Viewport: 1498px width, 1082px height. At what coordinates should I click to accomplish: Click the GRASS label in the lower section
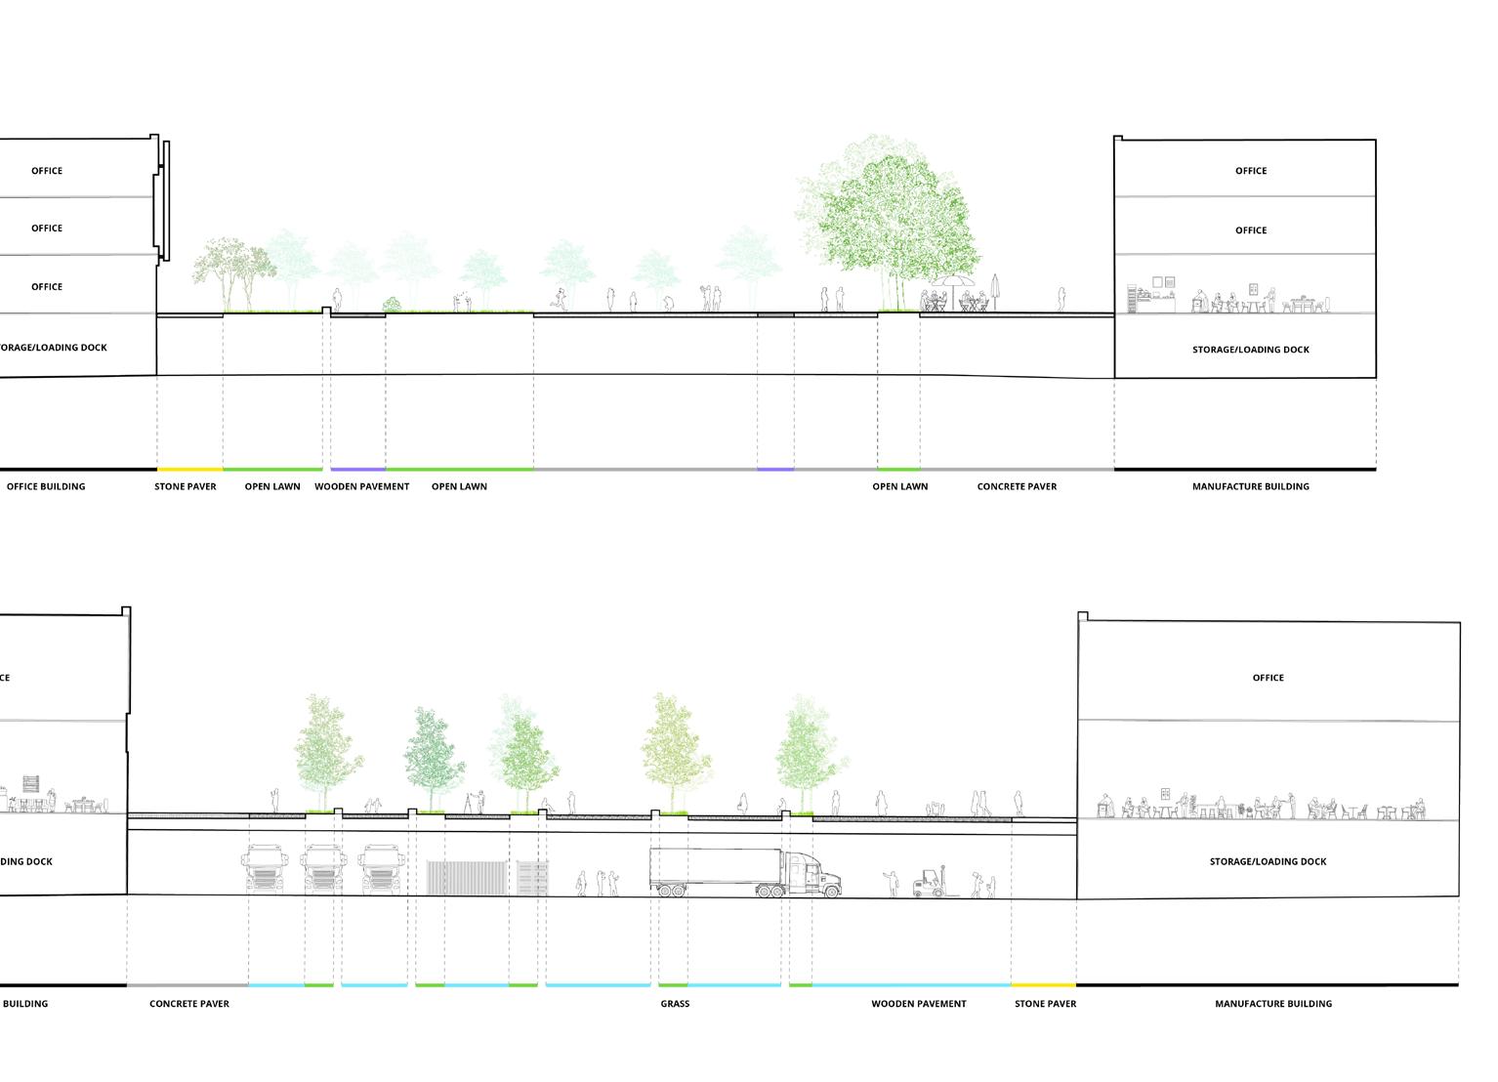tap(675, 1004)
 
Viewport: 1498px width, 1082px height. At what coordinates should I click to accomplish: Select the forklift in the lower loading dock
tap(931, 883)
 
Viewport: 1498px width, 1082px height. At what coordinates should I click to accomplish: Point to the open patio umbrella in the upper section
tap(952, 283)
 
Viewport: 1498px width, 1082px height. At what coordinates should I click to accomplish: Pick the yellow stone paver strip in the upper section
tap(189, 470)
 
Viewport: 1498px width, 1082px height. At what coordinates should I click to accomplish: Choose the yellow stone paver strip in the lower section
tap(1043, 985)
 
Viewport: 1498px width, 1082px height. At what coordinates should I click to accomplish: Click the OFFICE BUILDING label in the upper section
tap(46, 486)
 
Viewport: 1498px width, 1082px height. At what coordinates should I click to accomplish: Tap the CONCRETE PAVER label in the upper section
tap(1017, 486)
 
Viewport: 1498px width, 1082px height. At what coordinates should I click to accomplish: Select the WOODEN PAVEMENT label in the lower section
tap(919, 1004)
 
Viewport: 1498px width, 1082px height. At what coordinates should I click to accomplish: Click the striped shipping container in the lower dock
tap(464, 877)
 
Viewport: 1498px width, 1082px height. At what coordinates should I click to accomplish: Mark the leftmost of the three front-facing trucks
tap(265, 869)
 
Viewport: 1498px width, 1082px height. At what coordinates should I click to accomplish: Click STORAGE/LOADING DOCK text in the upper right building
tap(1250, 350)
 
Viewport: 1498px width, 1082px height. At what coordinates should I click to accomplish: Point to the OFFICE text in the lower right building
tap(1268, 678)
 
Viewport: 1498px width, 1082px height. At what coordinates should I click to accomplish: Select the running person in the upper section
tap(561, 299)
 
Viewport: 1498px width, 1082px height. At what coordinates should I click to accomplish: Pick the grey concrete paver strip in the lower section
tap(187, 985)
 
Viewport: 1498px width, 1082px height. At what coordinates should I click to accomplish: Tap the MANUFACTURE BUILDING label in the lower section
tap(1272, 1004)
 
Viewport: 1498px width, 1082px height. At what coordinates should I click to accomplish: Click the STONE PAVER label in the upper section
tap(186, 486)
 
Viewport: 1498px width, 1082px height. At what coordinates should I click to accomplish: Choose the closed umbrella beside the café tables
tap(995, 291)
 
